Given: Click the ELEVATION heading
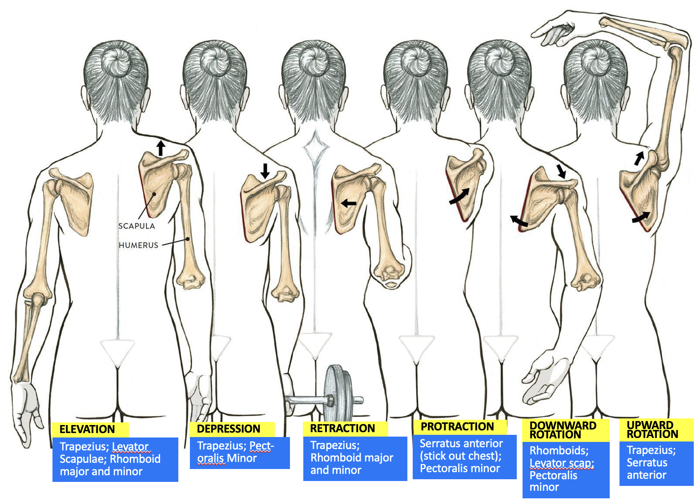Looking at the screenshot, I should click(x=87, y=429).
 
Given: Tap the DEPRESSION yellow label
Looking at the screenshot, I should click(x=229, y=429).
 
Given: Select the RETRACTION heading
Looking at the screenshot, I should click(x=342, y=429).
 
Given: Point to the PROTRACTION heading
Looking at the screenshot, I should click(x=457, y=427).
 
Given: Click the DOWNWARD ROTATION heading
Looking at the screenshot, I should click(x=563, y=430).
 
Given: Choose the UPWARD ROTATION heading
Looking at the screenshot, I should click(x=652, y=429).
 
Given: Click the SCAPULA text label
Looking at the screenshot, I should click(x=137, y=226).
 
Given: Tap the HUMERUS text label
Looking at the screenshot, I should click(x=138, y=245).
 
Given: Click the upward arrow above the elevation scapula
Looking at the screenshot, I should click(x=161, y=148).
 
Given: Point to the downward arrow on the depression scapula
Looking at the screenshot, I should click(x=265, y=171).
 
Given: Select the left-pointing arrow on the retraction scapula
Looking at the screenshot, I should click(x=349, y=203).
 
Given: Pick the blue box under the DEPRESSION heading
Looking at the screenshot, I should click(x=239, y=453).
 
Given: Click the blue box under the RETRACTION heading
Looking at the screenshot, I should click(x=354, y=458).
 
